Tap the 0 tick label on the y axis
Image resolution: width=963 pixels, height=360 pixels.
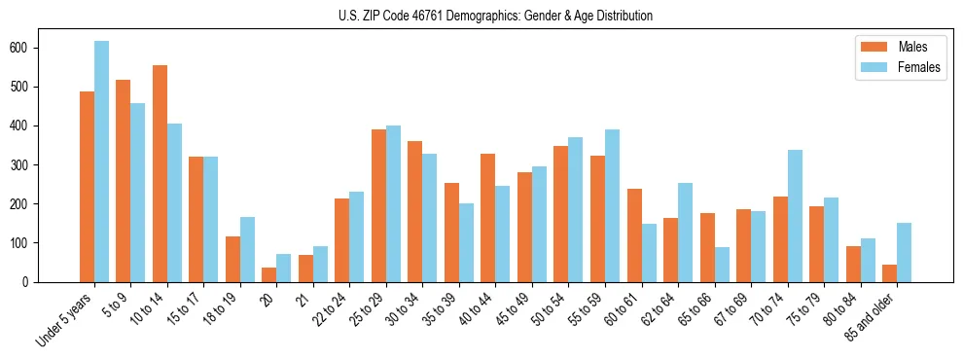tap(33, 281)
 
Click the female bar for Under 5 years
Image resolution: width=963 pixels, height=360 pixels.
tap(101, 162)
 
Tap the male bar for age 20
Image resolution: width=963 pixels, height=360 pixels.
tap(269, 274)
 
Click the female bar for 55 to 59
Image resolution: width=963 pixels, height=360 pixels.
tap(612, 205)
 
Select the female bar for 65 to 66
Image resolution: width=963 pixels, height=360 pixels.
tap(722, 265)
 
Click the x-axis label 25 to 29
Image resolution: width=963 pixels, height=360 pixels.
tap(369, 308)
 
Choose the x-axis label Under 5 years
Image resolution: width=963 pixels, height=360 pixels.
tap(66, 318)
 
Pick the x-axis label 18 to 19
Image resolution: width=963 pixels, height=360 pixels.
tap(223, 308)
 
